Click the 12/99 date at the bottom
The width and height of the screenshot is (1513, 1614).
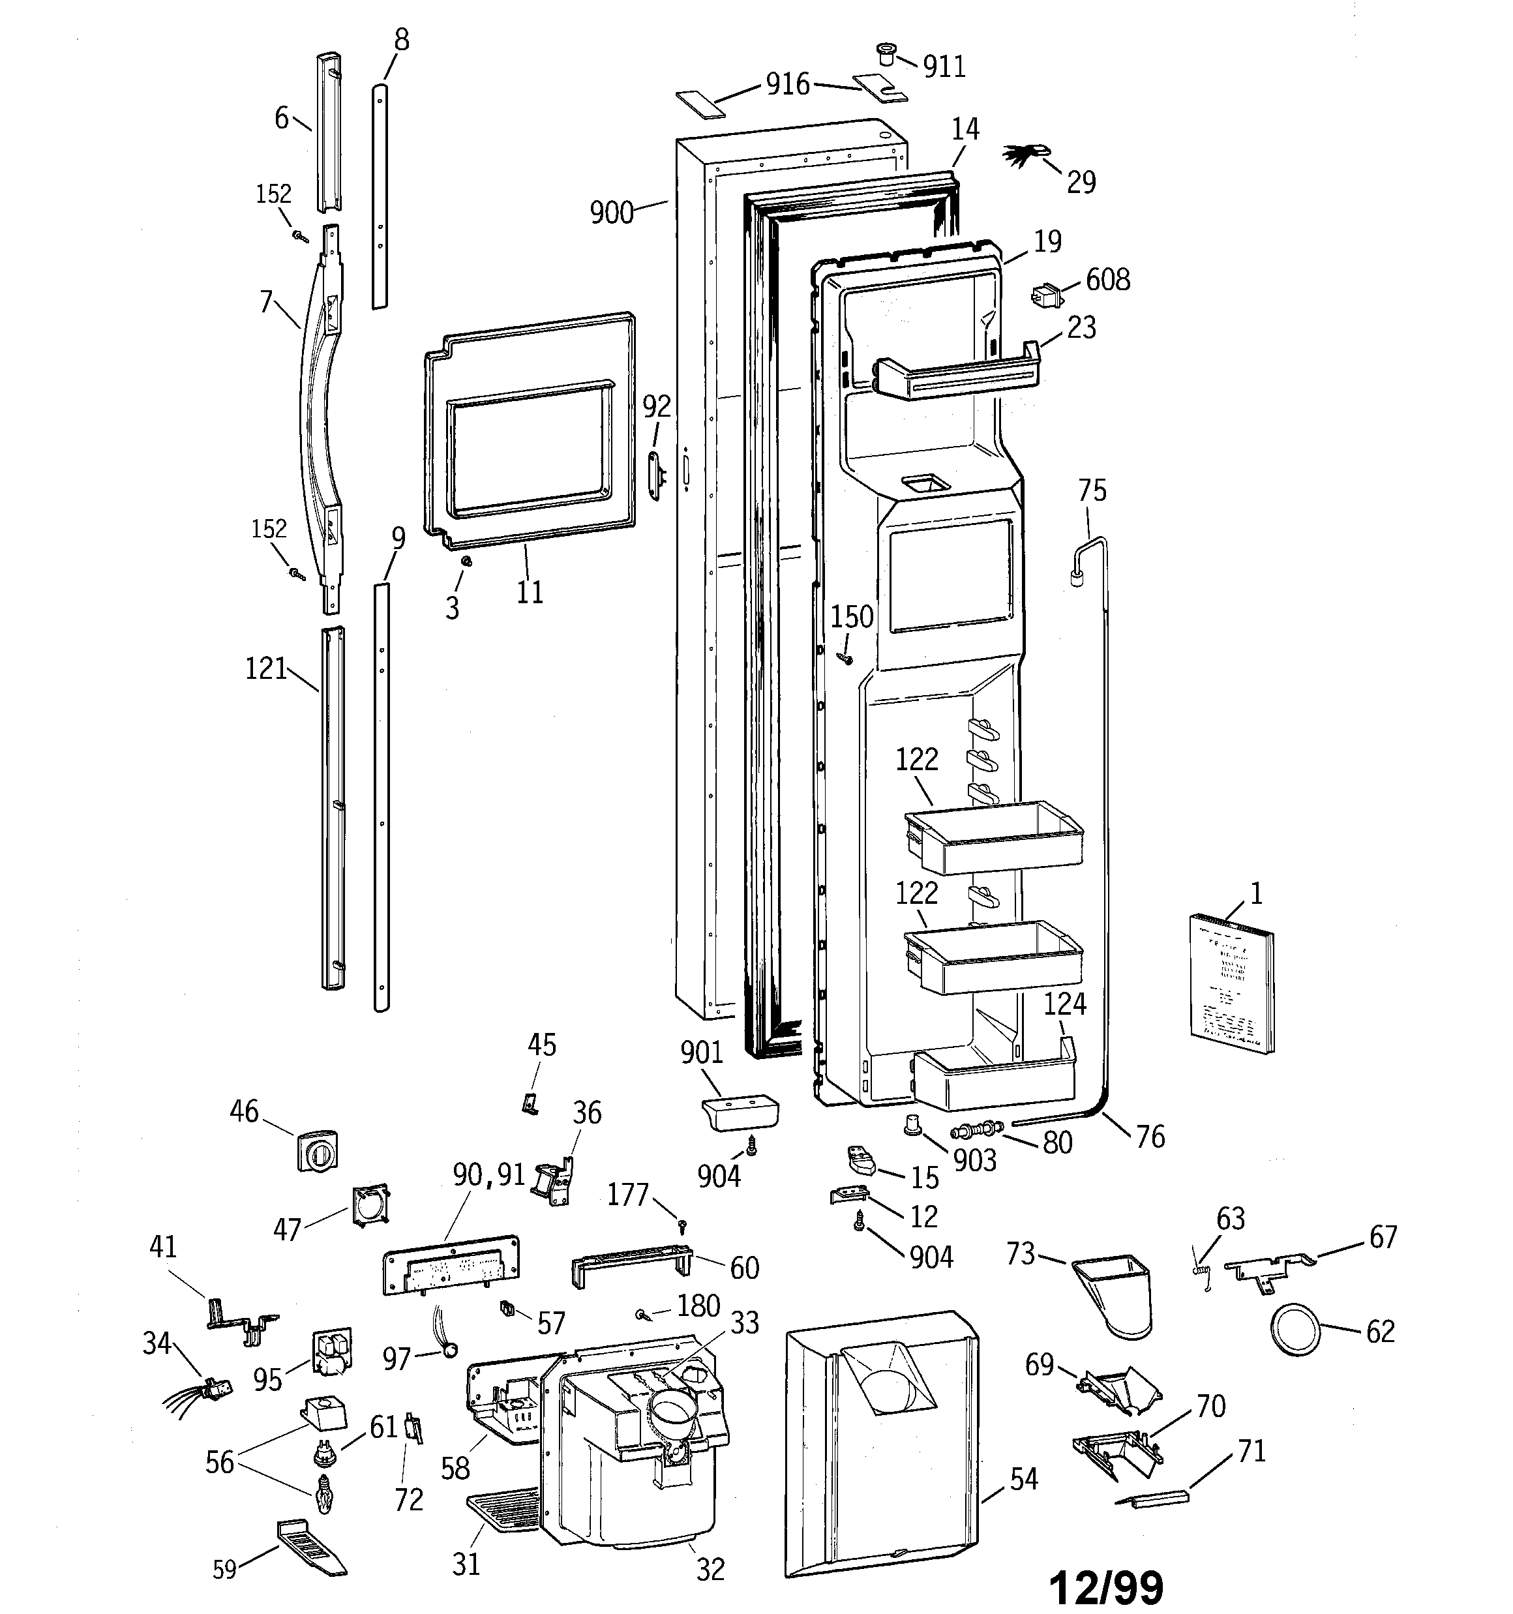coord(1106,1585)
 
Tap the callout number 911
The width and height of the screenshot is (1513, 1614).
coord(944,67)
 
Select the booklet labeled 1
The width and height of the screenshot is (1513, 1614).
coord(1231,983)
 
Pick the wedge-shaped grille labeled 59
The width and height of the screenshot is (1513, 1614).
coord(311,1547)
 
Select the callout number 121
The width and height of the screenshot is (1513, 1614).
coord(265,669)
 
